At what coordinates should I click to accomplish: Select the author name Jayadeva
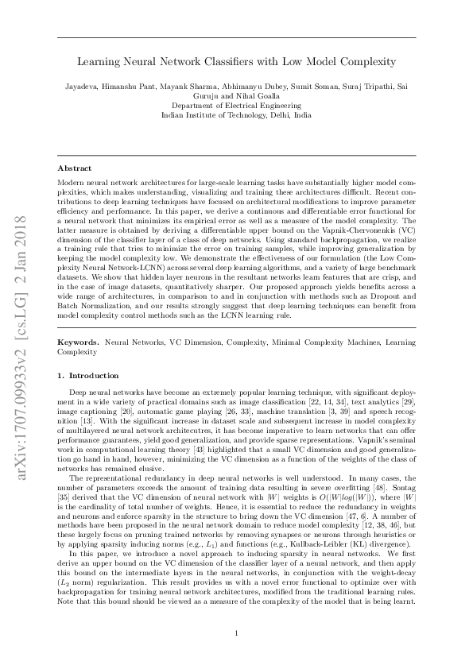click(84, 86)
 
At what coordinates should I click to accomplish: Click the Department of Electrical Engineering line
click(236, 104)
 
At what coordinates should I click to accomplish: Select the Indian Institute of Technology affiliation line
click(236, 114)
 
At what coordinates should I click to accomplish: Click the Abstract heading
click(76, 168)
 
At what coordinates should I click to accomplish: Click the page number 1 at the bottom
click(237, 632)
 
